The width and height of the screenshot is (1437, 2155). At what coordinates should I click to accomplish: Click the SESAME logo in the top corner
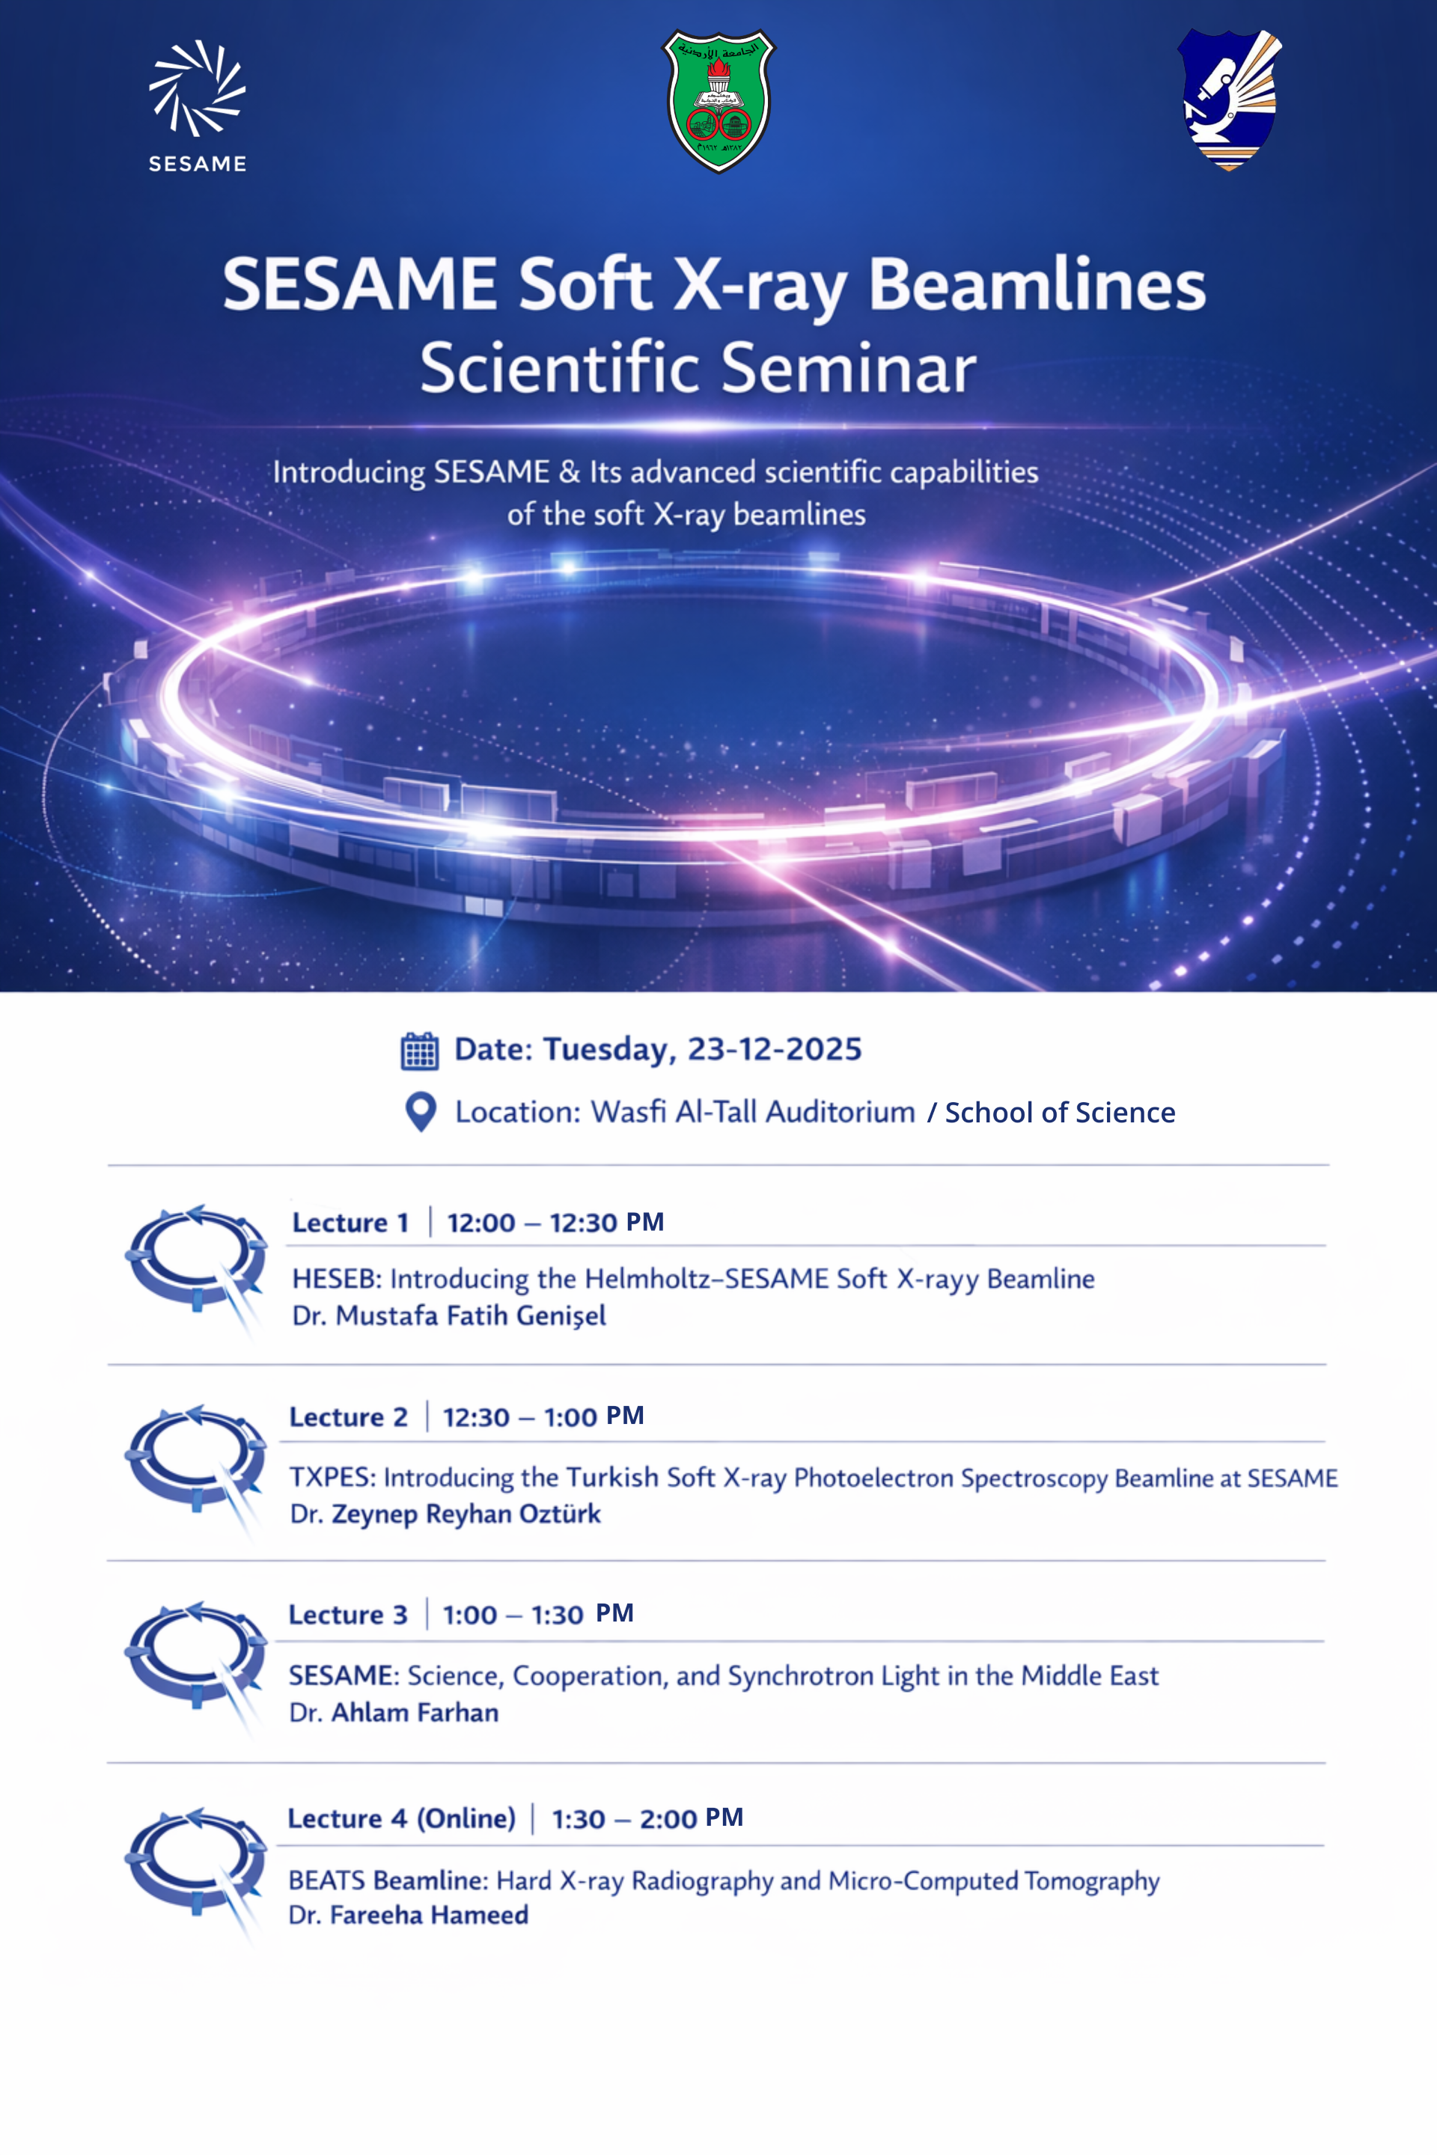pyautogui.click(x=197, y=106)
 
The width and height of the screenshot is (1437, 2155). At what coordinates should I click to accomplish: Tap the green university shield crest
pyautogui.click(x=718, y=101)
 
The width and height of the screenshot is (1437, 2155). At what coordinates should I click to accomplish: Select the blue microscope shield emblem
pyautogui.click(x=1228, y=100)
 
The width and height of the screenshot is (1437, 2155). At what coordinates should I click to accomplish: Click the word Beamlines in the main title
pyautogui.click(x=1037, y=285)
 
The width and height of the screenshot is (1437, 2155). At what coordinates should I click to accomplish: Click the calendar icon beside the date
pyautogui.click(x=420, y=1051)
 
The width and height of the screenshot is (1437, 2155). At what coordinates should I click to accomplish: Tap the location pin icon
pyautogui.click(x=421, y=1113)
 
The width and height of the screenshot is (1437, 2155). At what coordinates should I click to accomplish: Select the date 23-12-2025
pyautogui.click(x=775, y=1049)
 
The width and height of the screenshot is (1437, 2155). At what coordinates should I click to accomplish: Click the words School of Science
pyautogui.click(x=1060, y=1113)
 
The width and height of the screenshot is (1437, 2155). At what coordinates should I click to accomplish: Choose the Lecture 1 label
pyautogui.click(x=350, y=1222)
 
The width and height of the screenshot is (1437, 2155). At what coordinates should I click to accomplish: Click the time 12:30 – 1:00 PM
pyautogui.click(x=543, y=1416)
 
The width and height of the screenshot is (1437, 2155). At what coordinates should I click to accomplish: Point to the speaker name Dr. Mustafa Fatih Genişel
pyautogui.click(x=449, y=1315)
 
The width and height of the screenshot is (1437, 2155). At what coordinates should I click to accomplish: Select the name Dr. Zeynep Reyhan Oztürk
pyautogui.click(x=445, y=1514)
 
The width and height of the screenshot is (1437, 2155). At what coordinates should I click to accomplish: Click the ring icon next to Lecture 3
pyautogui.click(x=195, y=1660)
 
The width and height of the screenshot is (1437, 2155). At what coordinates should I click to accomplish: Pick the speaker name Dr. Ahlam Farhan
pyautogui.click(x=394, y=1713)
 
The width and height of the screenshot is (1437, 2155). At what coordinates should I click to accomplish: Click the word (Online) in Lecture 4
pyautogui.click(x=466, y=1818)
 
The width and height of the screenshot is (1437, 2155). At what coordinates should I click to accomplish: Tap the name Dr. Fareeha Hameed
pyautogui.click(x=409, y=1915)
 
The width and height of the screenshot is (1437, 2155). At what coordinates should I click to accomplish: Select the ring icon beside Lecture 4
pyautogui.click(x=195, y=1865)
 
